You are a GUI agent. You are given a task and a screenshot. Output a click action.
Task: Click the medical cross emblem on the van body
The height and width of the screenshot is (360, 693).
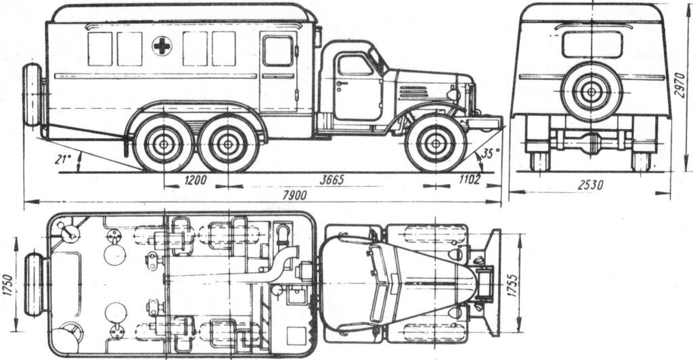162,46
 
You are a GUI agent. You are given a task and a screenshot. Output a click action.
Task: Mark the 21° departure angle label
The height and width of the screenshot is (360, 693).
64,160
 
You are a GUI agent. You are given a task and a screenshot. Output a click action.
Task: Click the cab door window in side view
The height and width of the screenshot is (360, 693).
355,66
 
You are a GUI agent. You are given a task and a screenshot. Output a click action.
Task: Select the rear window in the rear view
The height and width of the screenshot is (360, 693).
592,45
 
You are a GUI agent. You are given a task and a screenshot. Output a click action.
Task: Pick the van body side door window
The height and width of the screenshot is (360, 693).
277,51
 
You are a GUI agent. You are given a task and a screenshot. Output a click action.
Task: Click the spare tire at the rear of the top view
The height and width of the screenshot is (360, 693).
34,285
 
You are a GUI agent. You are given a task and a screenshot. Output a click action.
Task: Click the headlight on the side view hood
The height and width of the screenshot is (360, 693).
453,94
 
